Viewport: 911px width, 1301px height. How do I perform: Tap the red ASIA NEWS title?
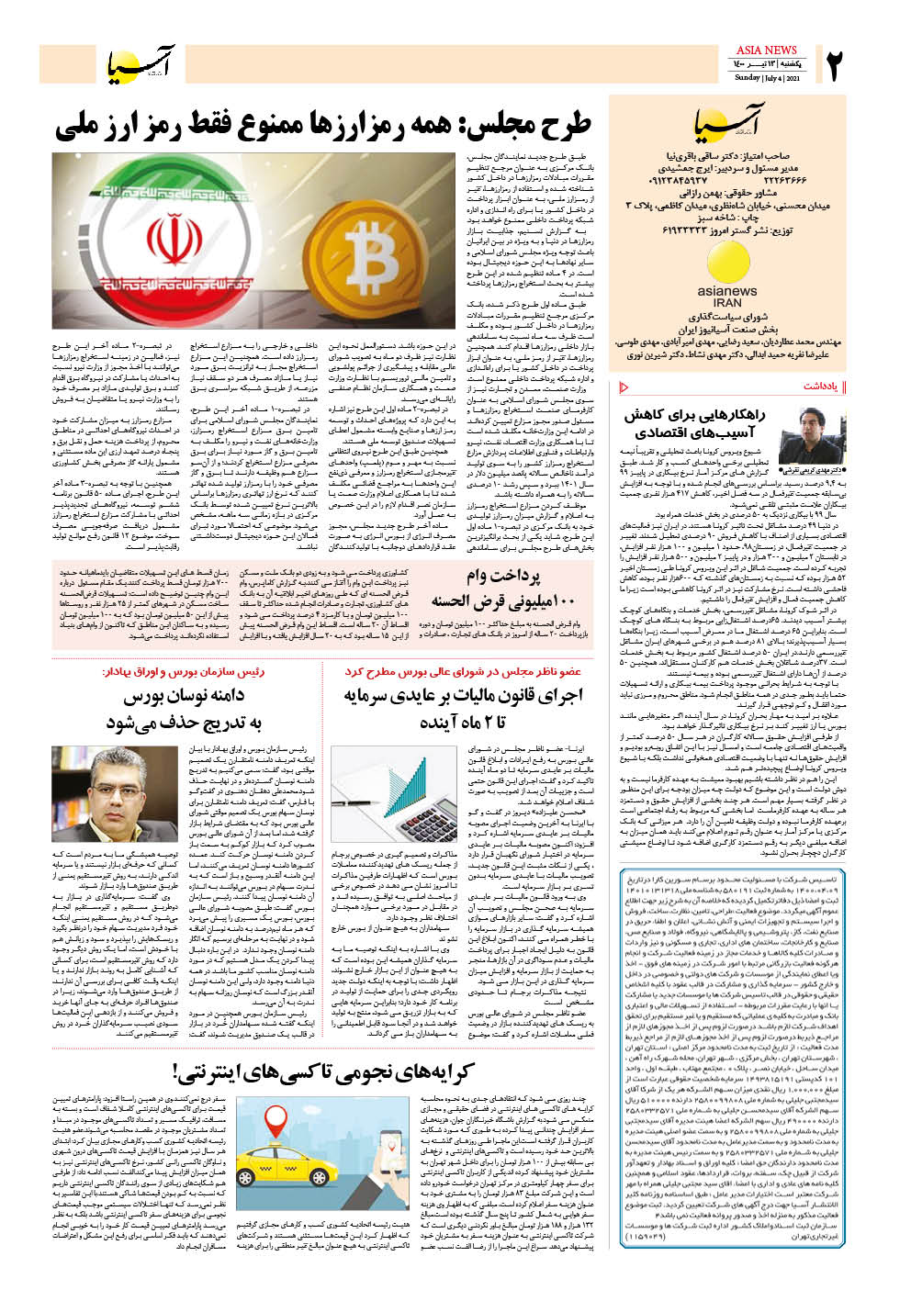767,50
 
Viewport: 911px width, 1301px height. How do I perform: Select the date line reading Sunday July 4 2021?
767,78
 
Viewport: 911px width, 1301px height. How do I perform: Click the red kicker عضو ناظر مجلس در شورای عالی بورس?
463,671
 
